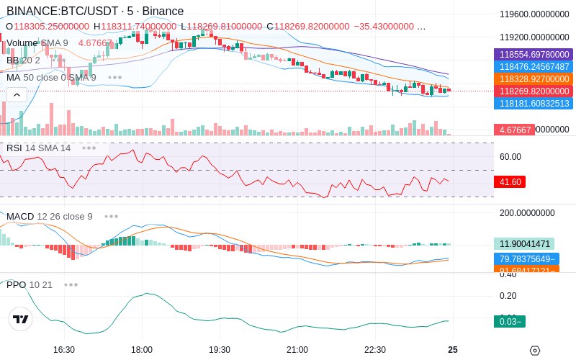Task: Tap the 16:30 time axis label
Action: [x=64, y=350]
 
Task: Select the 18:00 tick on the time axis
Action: [x=142, y=350]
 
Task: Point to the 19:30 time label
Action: [x=220, y=350]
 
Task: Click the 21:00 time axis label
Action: [x=297, y=350]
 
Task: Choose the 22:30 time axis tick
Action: [x=375, y=350]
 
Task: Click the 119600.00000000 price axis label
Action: [x=534, y=14]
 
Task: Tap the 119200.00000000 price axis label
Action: [x=534, y=37]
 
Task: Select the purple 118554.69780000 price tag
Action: [x=534, y=55]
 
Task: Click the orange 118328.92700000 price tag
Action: [x=534, y=79]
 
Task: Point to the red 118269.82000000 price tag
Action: [x=534, y=91]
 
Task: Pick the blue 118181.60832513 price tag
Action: [x=534, y=104]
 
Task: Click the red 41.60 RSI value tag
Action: [x=509, y=183]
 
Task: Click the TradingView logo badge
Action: [x=22, y=320]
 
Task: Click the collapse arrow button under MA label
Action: [x=17, y=94]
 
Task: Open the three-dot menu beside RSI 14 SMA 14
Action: [x=89, y=148]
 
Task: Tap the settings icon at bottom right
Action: [x=534, y=351]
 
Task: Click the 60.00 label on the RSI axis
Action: [x=510, y=156]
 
